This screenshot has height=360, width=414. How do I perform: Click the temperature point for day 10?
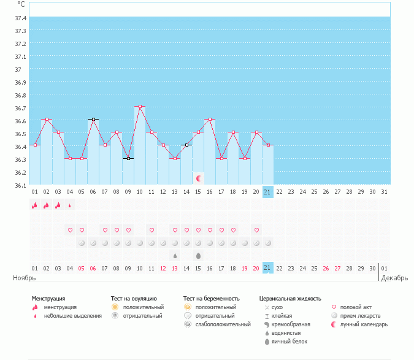tap(140, 106)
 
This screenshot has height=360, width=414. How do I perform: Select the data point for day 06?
tap(93, 119)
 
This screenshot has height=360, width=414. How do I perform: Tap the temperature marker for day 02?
tap(47, 119)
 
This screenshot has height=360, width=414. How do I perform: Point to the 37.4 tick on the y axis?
tap(20, 18)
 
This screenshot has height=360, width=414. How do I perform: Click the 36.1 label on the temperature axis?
tap(20, 185)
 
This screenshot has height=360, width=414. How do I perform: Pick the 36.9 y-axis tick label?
tap(20, 82)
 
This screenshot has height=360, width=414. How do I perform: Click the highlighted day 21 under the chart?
tap(267, 192)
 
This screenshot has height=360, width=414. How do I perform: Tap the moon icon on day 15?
tap(198, 178)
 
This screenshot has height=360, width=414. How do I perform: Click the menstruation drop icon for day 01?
tap(35, 205)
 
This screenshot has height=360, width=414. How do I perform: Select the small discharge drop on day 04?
tap(70, 205)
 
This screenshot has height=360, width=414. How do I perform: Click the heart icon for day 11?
tap(151, 231)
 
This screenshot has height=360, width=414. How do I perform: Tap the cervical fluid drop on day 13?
tap(175, 256)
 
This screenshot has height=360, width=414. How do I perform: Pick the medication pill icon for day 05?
tap(82, 243)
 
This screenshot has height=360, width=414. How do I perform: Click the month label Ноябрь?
tap(25, 278)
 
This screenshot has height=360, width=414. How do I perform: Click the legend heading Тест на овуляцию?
tap(134, 299)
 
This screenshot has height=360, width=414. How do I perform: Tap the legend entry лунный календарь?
tap(364, 324)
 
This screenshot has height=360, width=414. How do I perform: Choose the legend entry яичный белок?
tap(286, 342)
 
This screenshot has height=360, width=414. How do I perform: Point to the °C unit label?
tap(21, 4)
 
